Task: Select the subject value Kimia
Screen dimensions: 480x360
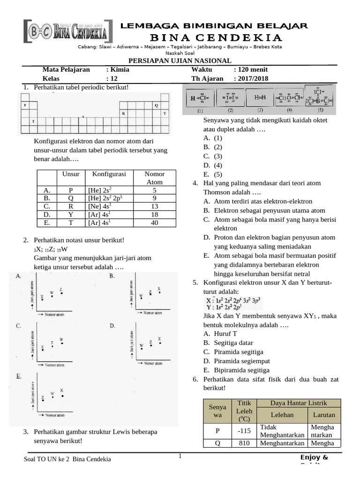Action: pos(120,69)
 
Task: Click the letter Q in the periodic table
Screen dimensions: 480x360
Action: pos(157,105)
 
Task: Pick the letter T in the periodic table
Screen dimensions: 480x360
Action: pos(33,121)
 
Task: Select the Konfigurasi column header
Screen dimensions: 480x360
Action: pos(109,174)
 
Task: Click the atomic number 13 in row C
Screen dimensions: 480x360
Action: pos(154,206)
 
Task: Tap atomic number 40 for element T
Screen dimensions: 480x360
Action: pos(154,223)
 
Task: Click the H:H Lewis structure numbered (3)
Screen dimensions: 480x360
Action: pos(260,98)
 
